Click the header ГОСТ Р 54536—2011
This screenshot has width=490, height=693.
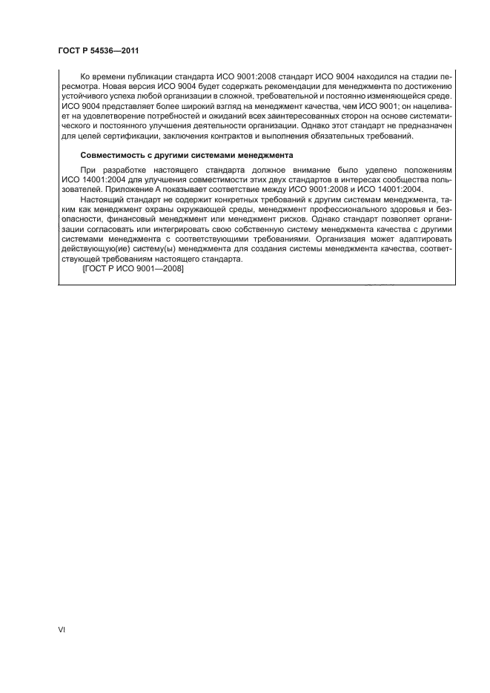coord(99,50)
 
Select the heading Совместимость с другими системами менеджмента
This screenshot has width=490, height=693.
coord(187,156)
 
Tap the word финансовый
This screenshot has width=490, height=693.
coord(153,220)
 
